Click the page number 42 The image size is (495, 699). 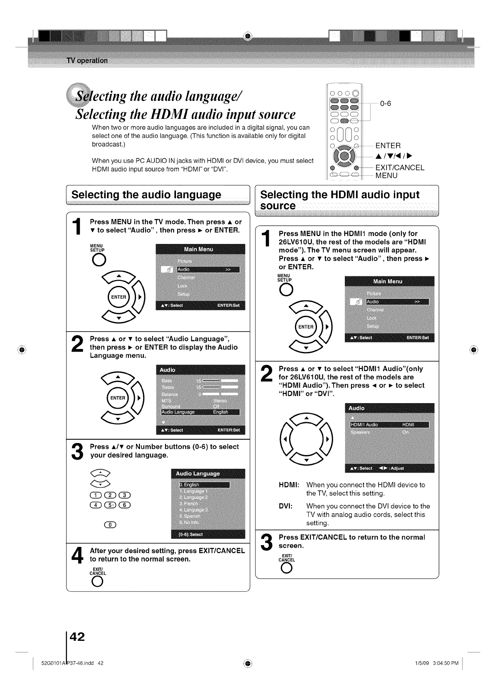pos(77,636)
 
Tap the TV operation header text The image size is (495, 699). pos(87,61)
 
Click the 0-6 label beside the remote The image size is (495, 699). pos(385,103)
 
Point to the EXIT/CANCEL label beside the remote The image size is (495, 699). pos(400,168)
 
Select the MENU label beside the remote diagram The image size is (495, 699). pos(386,175)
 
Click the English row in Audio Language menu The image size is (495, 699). pos(204,485)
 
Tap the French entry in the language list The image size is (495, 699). pos(187,504)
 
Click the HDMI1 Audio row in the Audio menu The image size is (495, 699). pos(389,424)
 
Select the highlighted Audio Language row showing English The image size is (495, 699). pos(200,412)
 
